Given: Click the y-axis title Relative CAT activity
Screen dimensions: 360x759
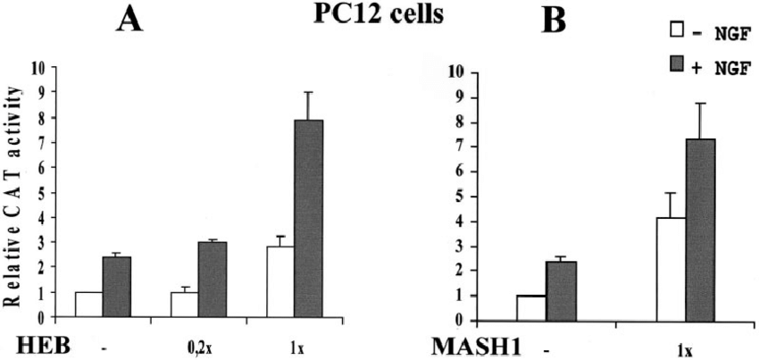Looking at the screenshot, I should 20,191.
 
